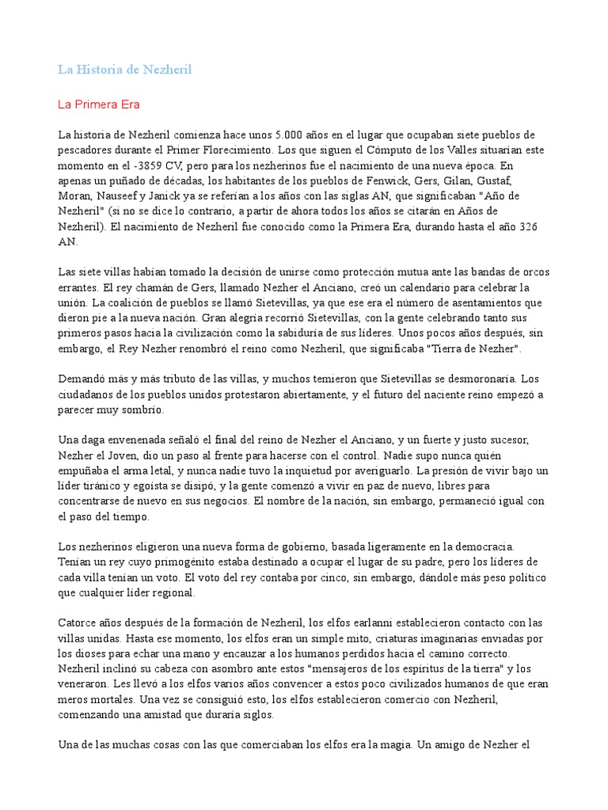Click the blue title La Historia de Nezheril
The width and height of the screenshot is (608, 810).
[x=124, y=70]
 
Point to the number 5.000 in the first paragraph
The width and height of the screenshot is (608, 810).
[x=290, y=134]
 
